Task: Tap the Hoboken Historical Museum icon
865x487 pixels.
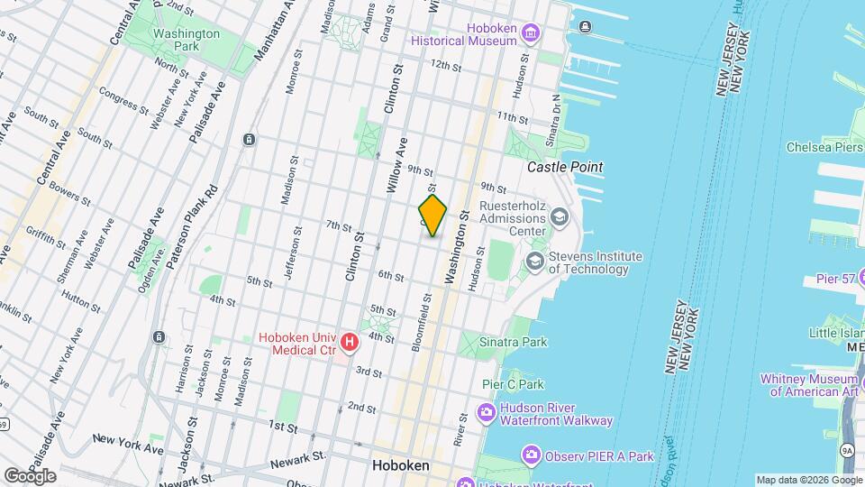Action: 529,34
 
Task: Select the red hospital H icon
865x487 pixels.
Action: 350,343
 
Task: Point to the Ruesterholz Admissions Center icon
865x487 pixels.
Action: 560,217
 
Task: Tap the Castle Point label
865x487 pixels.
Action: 564,168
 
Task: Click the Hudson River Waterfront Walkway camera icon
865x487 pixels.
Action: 487,413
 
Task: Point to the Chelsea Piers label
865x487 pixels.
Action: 824,146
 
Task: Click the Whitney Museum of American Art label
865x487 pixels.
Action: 811,385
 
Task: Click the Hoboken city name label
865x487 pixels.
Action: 400,466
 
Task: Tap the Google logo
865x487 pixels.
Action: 30,475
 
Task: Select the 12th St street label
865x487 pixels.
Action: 445,65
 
